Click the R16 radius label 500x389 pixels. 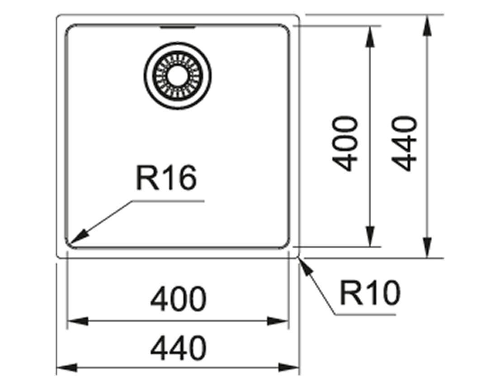166,178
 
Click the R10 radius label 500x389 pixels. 370,293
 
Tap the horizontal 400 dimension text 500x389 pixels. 178,299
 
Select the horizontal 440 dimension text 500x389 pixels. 178,348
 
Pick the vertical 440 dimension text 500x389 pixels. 404,143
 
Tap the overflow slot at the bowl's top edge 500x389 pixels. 177,28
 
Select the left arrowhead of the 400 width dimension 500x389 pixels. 77,321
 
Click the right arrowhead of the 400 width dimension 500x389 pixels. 278,321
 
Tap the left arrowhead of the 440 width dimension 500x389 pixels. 66,368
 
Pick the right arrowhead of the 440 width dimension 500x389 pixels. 289,368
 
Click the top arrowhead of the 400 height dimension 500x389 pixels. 370,37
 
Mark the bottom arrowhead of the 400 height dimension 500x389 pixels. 370,236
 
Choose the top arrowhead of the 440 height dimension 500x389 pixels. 427,25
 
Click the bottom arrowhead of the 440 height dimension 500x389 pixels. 427,247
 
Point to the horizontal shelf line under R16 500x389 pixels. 168,201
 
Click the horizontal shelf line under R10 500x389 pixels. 365,315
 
